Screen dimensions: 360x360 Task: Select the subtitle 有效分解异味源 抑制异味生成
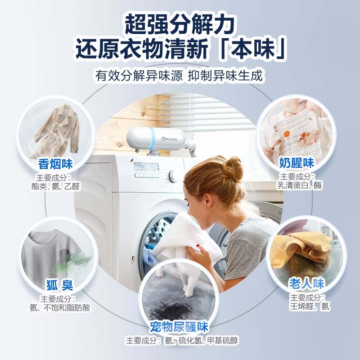coord(179,75)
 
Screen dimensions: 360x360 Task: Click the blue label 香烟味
coord(56,163)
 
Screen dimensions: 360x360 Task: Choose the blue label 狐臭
coord(59,285)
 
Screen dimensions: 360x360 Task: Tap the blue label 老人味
coord(306,283)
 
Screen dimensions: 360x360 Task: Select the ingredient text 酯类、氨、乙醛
coord(56,186)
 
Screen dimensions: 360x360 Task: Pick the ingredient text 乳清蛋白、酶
coord(300,185)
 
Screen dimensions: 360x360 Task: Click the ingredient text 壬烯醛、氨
coord(310,306)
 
